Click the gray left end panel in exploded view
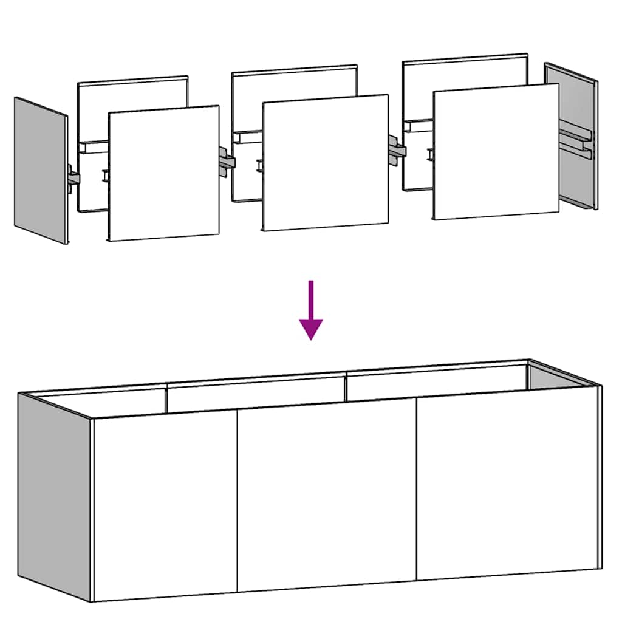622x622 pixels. (40, 170)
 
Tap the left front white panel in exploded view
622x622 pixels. (164, 173)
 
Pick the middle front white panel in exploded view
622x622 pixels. (325, 163)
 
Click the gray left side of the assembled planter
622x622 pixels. (55, 495)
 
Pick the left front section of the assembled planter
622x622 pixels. (164, 504)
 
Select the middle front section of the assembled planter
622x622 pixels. (326, 495)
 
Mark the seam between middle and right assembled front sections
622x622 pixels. (417, 489)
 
